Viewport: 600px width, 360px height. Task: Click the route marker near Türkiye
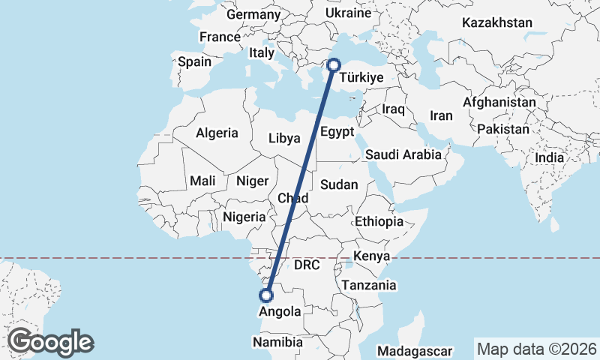(x=333, y=65)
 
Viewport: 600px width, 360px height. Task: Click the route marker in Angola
(x=265, y=295)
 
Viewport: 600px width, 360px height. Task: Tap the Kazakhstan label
(x=497, y=23)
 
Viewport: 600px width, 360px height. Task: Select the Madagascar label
(x=416, y=351)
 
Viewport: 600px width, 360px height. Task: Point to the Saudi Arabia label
(x=402, y=154)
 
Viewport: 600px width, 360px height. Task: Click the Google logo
(x=50, y=342)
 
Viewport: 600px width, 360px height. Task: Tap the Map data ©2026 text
(x=537, y=349)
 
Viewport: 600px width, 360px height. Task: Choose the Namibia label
(x=277, y=342)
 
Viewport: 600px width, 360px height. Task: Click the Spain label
(x=195, y=62)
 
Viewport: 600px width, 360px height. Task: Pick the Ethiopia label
(x=379, y=221)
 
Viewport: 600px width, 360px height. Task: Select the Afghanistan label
(x=499, y=102)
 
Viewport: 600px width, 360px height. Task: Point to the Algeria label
(x=217, y=133)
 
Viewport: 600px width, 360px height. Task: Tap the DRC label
(x=307, y=265)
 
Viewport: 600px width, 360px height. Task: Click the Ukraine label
(x=349, y=13)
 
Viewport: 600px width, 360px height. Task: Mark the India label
(x=549, y=158)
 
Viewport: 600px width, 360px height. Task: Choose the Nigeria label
(x=244, y=217)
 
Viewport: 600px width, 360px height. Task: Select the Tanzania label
(x=368, y=285)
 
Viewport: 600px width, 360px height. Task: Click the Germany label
(x=253, y=14)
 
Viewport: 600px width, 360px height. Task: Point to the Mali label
(x=203, y=181)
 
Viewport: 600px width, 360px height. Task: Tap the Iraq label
(x=393, y=109)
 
